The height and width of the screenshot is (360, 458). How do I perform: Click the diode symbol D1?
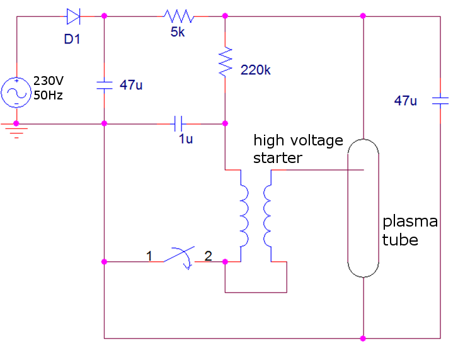point(72,16)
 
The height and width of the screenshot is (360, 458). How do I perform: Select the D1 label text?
point(73,40)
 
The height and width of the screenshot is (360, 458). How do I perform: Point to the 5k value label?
point(178,32)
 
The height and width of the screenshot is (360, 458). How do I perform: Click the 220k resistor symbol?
point(225,63)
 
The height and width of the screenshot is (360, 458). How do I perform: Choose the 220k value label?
point(255,70)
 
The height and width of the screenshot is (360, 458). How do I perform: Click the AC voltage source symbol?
point(16,93)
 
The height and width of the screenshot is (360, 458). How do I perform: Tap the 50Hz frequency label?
point(48,96)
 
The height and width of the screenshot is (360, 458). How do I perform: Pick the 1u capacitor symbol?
point(179,124)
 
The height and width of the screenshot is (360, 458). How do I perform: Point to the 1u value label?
point(185,140)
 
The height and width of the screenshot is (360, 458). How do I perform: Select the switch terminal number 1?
point(149,256)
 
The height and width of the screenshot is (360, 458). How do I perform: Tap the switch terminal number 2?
point(208,256)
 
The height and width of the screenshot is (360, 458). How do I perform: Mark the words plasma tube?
point(409,230)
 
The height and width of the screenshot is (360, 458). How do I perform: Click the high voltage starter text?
point(298,149)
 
